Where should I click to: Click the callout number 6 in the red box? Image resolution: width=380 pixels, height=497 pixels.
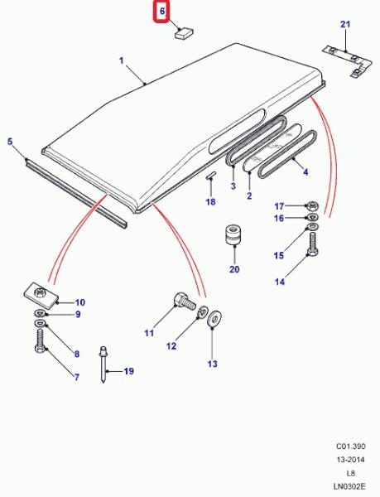tap(162, 12)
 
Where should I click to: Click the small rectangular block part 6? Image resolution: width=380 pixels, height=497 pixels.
tap(185, 33)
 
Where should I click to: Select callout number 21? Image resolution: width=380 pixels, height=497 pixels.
tap(345, 24)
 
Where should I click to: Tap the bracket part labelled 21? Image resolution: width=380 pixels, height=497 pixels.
tap(347, 61)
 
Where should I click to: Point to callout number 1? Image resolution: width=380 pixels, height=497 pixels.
tap(122, 60)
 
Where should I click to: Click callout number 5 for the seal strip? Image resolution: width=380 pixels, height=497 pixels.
tap(10, 142)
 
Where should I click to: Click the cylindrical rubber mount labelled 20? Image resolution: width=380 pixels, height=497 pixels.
tap(233, 234)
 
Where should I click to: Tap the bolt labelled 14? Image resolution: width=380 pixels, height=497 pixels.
tap(313, 244)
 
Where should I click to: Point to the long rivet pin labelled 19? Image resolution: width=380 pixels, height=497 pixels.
tap(103, 364)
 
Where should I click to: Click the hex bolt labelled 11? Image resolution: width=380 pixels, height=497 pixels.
tap(185, 302)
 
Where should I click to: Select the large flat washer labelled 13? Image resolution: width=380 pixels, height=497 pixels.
tap(214, 319)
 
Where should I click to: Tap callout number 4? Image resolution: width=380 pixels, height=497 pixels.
tap(305, 172)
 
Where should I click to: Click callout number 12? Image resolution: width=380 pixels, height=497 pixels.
tap(171, 346)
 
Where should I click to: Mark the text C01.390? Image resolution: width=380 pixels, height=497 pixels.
tap(350, 446)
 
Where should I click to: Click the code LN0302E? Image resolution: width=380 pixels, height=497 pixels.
tap(349, 486)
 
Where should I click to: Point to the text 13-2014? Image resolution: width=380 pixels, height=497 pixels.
tap(350, 460)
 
